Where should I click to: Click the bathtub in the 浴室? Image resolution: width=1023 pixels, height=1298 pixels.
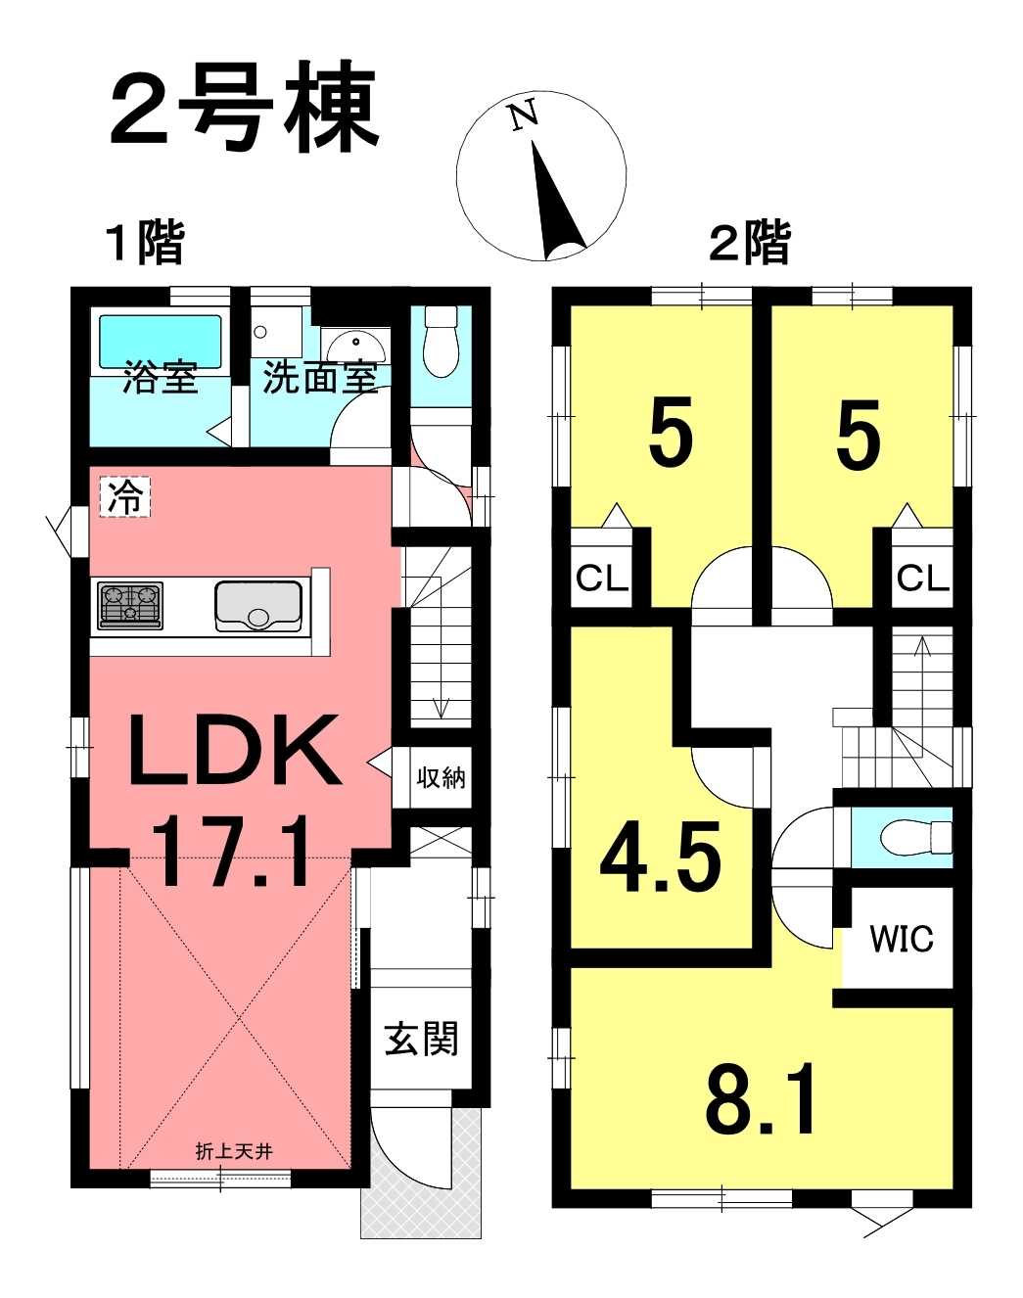click(160, 342)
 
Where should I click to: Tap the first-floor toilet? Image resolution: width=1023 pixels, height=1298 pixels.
click(441, 342)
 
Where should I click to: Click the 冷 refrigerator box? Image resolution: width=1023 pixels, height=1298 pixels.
click(125, 497)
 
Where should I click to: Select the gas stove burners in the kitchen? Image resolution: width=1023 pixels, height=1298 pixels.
click(130, 605)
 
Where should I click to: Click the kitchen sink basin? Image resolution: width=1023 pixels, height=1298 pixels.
click(258, 606)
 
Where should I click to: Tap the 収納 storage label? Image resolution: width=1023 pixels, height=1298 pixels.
click(441, 778)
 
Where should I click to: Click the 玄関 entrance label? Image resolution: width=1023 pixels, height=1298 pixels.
click(422, 1039)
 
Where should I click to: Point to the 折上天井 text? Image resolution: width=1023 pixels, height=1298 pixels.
click(235, 1152)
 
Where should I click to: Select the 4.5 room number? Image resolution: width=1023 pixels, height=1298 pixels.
click(660, 858)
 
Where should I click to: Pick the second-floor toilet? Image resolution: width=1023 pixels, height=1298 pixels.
click(915, 837)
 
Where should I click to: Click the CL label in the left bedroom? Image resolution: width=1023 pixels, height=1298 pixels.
click(602, 579)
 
